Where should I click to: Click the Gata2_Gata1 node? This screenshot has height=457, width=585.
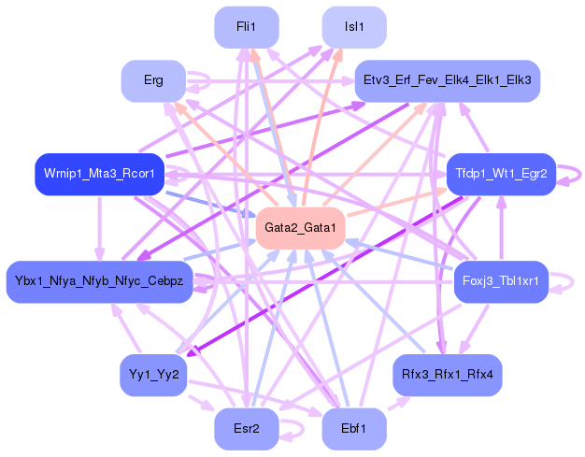(x=300, y=228)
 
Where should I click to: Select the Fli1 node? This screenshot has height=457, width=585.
(x=247, y=28)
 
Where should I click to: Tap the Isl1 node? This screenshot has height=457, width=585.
(x=354, y=28)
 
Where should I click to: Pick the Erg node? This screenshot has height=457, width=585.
(x=153, y=81)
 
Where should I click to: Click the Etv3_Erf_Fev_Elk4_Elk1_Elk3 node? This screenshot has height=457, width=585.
(x=447, y=81)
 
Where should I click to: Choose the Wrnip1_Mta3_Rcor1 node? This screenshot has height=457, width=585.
(x=99, y=175)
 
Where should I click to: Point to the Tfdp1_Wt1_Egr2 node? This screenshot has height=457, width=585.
(x=501, y=175)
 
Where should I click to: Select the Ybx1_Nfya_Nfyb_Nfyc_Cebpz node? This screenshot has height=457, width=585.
(x=99, y=281)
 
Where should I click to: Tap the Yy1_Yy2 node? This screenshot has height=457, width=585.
(x=153, y=375)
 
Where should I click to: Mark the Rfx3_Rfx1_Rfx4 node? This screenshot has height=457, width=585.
(x=447, y=375)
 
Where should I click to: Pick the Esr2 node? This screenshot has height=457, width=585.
(x=247, y=429)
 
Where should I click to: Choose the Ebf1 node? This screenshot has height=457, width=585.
(x=354, y=429)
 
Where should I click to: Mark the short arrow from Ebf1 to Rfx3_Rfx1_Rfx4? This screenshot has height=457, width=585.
(x=396, y=405)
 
